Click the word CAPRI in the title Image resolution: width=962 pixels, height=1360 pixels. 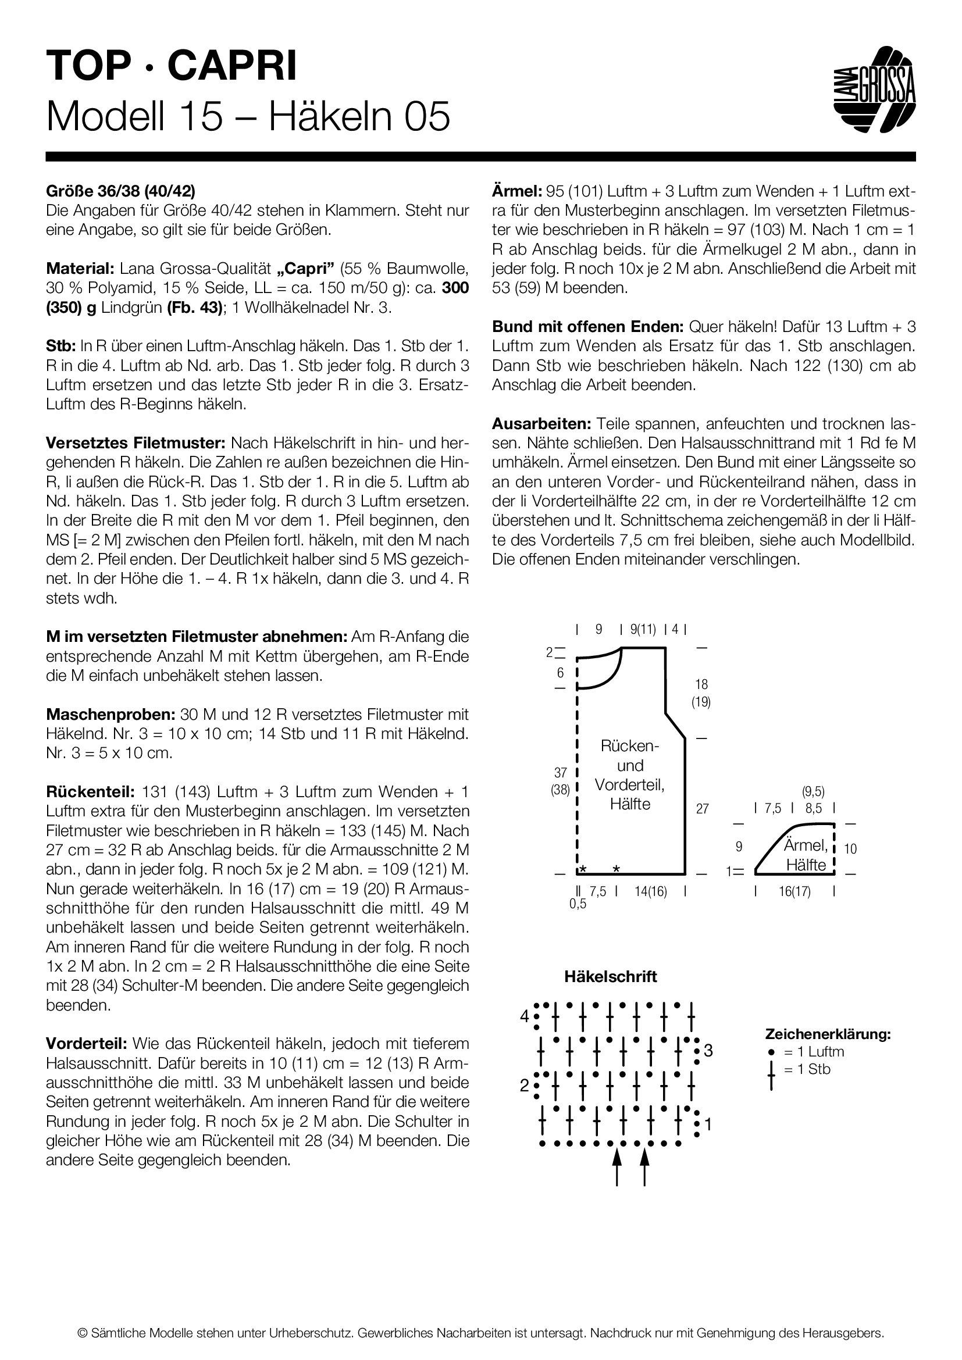pyautogui.click(x=232, y=65)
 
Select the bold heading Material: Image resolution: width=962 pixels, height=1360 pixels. pyautogui.click(x=79, y=268)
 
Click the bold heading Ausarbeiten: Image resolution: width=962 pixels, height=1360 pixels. pyautogui.click(x=541, y=423)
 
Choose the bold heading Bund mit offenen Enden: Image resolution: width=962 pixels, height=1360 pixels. pyautogui.click(x=587, y=326)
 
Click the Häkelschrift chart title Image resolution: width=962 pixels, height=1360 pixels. pyautogui.click(x=610, y=977)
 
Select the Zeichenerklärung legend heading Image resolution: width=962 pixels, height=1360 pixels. pyautogui.click(x=828, y=1034)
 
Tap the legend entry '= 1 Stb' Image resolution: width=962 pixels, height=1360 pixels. pyautogui.click(x=806, y=1070)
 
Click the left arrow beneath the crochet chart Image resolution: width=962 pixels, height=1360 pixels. pyautogui.click(x=617, y=1166)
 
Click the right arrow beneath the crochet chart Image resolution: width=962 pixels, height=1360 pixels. pyautogui.click(x=645, y=1166)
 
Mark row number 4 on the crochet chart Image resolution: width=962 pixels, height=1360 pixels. pyautogui.click(x=524, y=1016)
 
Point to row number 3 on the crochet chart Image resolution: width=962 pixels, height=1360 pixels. pyautogui.click(x=708, y=1051)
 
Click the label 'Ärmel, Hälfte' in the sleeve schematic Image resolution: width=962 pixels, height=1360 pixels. pyautogui.click(x=806, y=855)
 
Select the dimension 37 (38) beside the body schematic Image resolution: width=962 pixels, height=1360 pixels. pyautogui.click(x=560, y=781)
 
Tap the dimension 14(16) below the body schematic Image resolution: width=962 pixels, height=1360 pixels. pyautogui.click(x=650, y=891)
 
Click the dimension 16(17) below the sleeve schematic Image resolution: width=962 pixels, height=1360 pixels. pyautogui.click(x=794, y=891)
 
